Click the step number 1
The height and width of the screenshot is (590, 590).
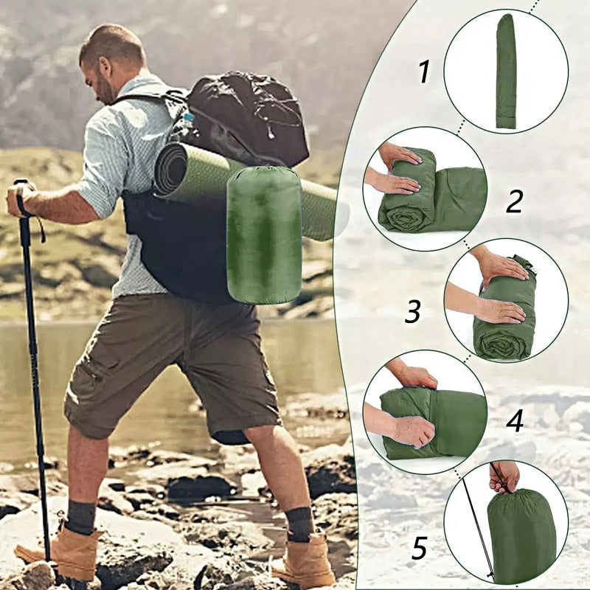(423, 72)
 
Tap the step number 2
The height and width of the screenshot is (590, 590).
(514, 201)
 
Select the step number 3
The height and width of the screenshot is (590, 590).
(413, 312)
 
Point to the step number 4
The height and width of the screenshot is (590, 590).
(515, 421)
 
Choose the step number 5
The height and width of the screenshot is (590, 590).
(419, 548)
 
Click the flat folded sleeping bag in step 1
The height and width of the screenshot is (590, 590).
(505, 72)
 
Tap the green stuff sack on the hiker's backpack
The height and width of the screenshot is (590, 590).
(263, 235)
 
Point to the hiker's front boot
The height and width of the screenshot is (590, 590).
(59, 550)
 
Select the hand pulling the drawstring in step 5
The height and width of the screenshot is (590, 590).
(504, 476)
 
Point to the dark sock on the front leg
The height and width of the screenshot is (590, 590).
(80, 517)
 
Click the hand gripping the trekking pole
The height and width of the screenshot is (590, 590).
(21, 198)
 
